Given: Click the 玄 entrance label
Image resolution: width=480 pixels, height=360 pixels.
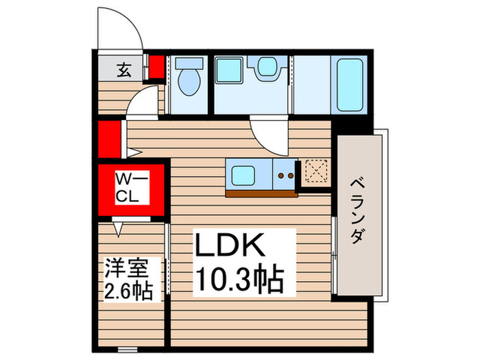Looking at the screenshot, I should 124,69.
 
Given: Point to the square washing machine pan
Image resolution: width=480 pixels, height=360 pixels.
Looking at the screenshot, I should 228,69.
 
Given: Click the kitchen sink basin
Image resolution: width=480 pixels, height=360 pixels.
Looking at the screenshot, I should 245,174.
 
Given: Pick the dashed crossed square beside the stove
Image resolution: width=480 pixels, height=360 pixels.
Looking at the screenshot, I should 316,173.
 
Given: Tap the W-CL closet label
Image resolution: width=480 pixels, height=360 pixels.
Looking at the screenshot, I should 130,188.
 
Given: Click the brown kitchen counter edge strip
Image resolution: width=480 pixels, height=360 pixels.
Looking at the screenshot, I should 261,193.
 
